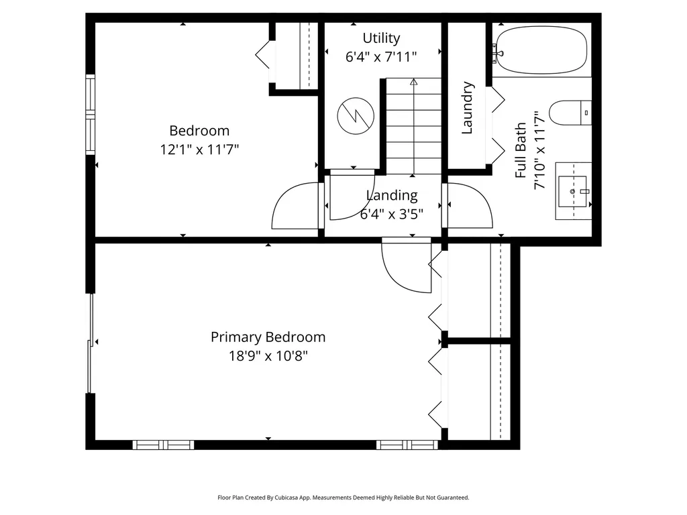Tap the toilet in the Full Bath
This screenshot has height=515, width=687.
(570, 113)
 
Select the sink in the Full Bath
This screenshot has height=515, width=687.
(572, 191)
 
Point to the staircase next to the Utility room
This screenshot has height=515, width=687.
(413, 124)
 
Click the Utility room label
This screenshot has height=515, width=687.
(381, 38)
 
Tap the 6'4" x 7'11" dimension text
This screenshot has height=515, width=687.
(381, 57)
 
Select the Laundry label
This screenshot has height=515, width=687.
(468, 108)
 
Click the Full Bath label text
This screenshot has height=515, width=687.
(521, 151)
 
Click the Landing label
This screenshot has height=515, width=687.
(392, 195)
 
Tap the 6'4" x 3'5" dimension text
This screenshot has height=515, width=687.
(392, 214)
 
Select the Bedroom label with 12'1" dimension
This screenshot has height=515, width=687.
(199, 131)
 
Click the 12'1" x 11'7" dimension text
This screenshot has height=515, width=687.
(199, 150)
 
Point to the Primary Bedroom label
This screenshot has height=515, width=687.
(268, 337)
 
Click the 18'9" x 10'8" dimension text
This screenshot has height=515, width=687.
(268, 355)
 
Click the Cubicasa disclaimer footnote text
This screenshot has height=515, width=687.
(343, 498)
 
